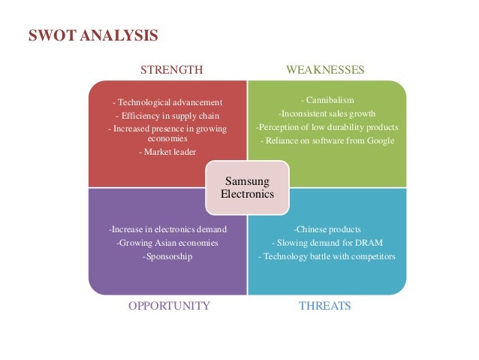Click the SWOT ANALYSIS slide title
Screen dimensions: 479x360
[x=93, y=35]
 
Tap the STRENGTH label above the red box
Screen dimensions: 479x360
[x=172, y=70]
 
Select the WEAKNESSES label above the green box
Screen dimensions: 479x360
[x=325, y=70]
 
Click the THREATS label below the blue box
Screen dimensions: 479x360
[x=325, y=306]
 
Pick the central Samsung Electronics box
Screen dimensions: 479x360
[x=247, y=186]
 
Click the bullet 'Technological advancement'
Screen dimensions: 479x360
[x=167, y=102]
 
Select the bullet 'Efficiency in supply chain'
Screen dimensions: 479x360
[x=167, y=116]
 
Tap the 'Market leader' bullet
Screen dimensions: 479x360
[x=167, y=152]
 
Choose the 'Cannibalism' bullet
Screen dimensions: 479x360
[x=327, y=99]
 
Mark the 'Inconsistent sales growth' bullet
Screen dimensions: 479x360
[x=327, y=113]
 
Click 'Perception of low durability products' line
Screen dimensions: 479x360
[x=327, y=126]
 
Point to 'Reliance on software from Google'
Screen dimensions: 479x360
[x=327, y=140]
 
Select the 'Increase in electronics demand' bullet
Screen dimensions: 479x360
[x=167, y=228]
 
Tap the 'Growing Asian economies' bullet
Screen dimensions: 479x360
[x=167, y=242]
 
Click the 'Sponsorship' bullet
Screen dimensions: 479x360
[x=167, y=256]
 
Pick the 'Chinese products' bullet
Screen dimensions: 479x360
[x=327, y=228]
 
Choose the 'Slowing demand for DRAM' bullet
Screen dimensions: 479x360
[x=327, y=242]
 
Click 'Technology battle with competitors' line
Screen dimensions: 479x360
[x=327, y=256]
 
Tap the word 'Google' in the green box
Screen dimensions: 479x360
[x=378, y=140]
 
